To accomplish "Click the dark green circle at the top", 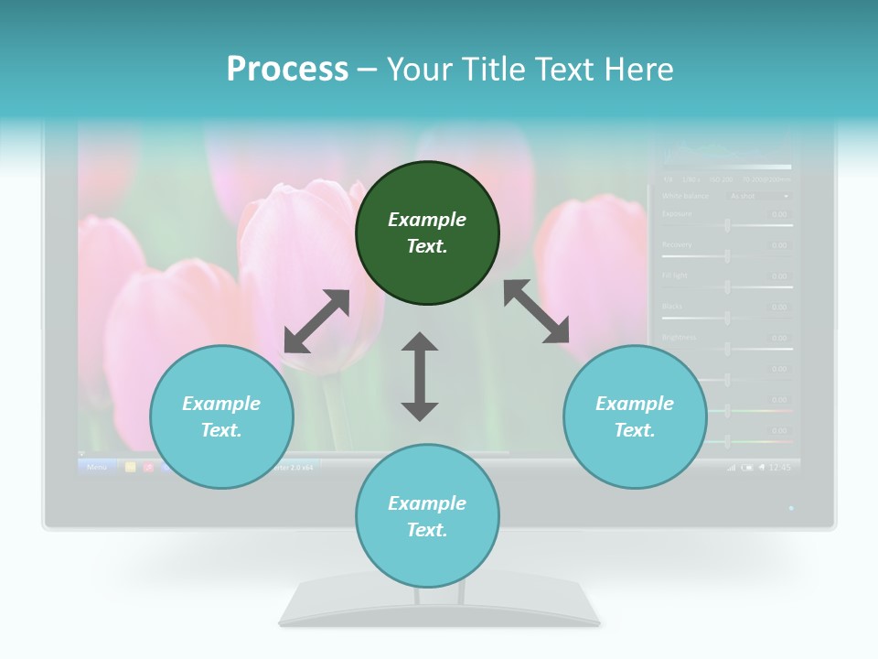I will pos(427,233).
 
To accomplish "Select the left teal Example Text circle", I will pos(221,416).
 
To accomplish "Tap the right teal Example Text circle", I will pos(635,416).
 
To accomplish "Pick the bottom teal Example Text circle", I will pos(427,516).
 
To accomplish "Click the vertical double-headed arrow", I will pos(420,376).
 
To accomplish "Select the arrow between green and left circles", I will pos(316,321).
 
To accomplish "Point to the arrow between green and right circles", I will pos(537,311).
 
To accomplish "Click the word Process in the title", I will pos(287,69).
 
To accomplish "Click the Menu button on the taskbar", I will pos(97,467).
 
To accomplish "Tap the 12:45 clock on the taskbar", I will pos(779,467).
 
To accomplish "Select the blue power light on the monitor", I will pos(791,507).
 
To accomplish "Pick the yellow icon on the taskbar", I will pos(130,467).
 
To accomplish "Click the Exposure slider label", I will pos(677,214).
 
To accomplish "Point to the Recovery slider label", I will pos(677,244).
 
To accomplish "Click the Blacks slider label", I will pos(672,306).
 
